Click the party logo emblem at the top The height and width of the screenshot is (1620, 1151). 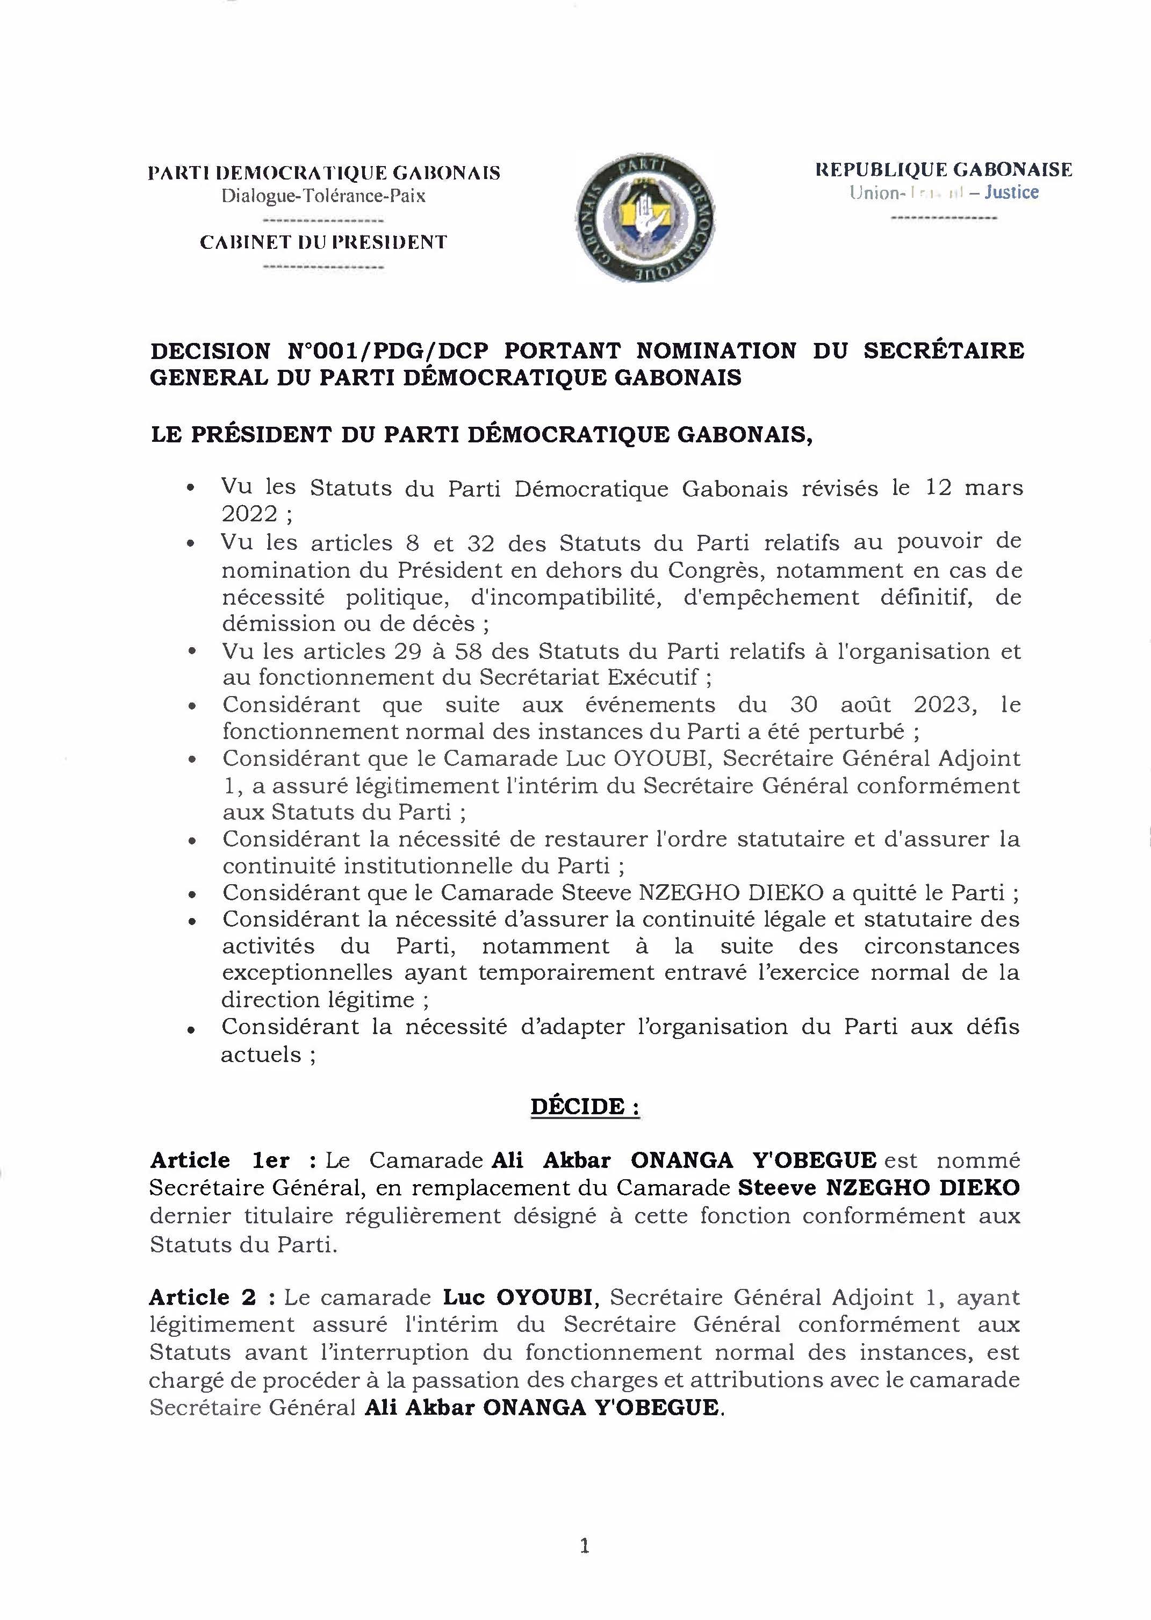(645, 220)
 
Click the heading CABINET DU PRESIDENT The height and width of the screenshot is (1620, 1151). (323, 242)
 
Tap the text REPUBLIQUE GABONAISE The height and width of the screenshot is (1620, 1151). (944, 170)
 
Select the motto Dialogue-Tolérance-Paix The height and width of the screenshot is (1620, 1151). (323, 196)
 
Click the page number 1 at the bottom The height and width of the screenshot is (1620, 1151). (585, 1546)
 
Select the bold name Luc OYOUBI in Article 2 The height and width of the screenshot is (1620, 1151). (517, 1298)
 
